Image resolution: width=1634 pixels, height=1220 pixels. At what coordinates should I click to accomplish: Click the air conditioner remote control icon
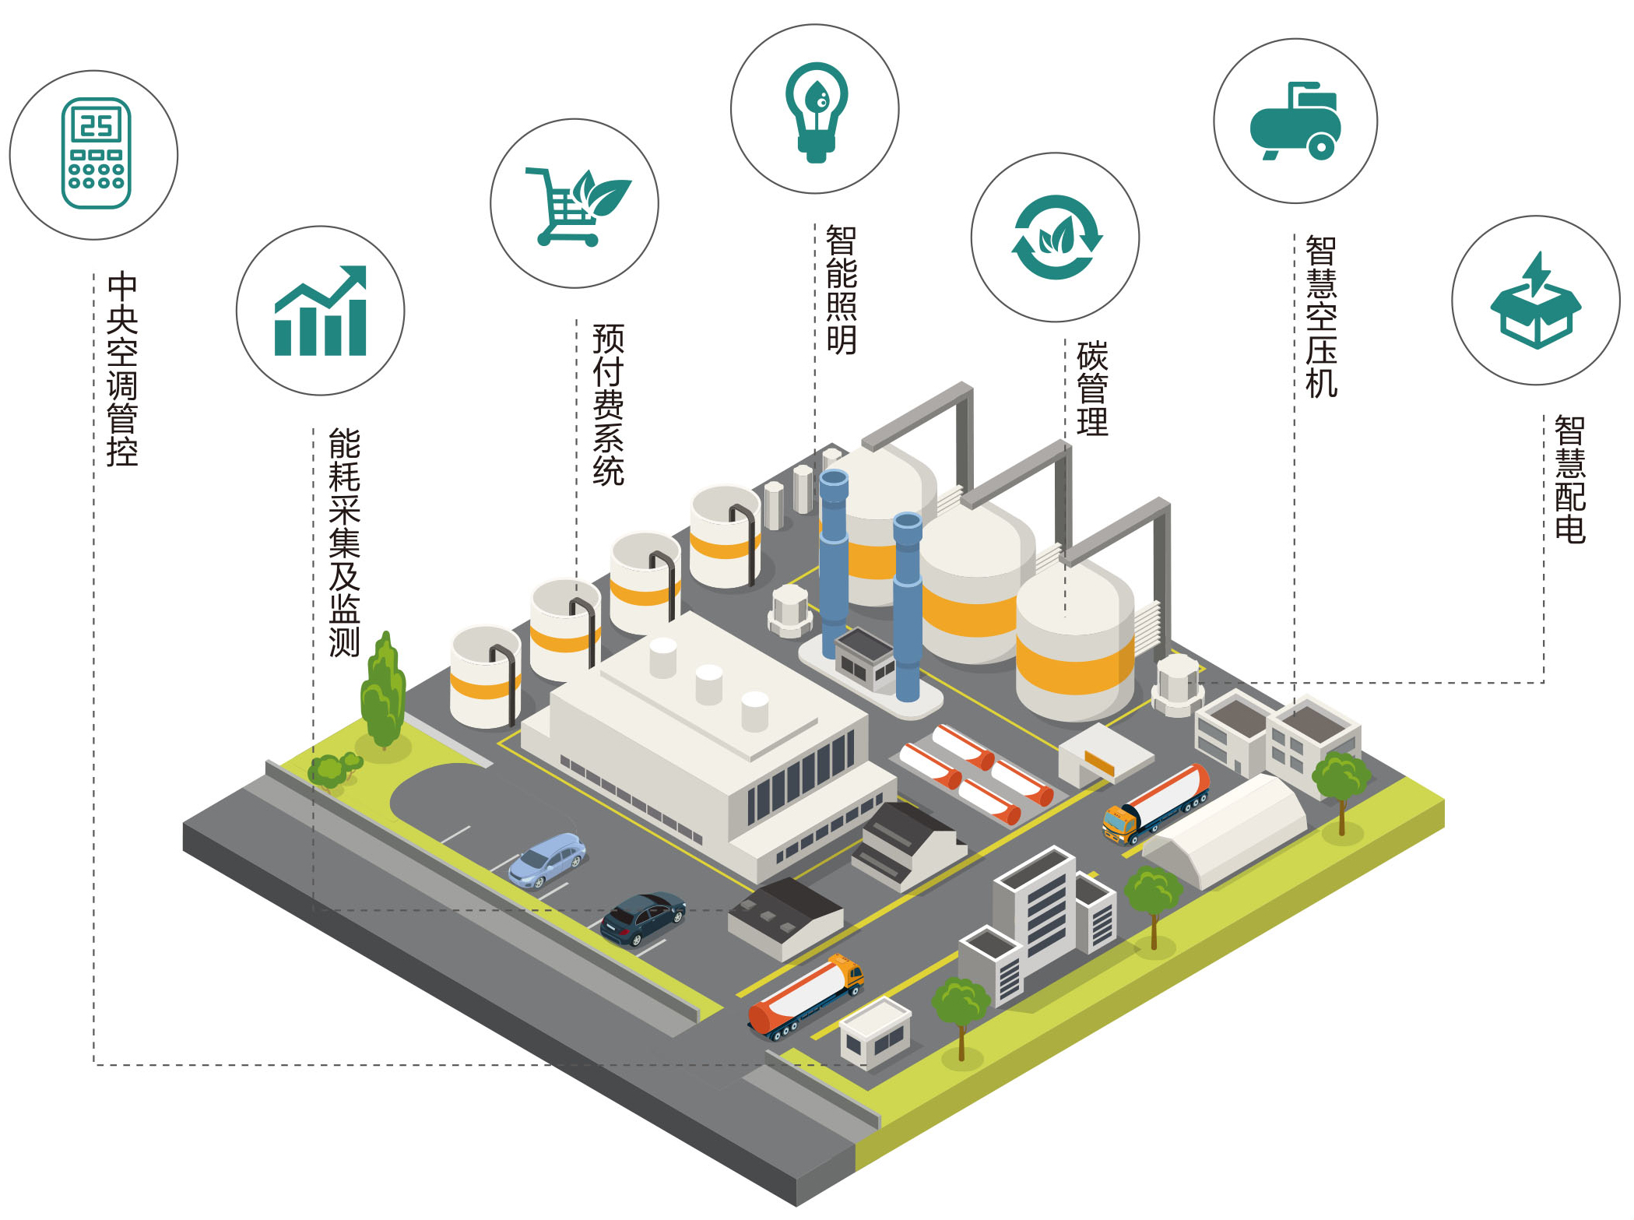click(x=96, y=153)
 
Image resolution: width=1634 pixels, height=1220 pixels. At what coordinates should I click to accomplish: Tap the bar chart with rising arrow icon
click(x=320, y=311)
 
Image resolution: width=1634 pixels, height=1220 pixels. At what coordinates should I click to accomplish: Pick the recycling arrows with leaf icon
click(x=1056, y=237)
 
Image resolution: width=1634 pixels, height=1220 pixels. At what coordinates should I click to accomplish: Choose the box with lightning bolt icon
click(x=1535, y=301)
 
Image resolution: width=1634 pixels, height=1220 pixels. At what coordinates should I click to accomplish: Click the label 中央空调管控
click(x=122, y=369)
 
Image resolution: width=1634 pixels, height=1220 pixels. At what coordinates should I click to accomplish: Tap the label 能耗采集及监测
click(x=344, y=542)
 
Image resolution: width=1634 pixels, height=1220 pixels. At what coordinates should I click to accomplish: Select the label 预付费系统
click(x=608, y=405)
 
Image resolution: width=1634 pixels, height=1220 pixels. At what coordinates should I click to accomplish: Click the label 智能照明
click(x=841, y=290)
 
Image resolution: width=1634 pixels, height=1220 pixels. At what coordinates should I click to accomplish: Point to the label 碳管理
click(x=1092, y=389)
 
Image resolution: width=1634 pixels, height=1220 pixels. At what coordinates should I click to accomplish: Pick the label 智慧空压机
click(x=1321, y=317)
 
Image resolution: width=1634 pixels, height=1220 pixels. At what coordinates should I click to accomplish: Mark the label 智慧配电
click(x=1569, y=480)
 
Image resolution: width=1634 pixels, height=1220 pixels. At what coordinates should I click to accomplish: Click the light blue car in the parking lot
click(x=547, y=860)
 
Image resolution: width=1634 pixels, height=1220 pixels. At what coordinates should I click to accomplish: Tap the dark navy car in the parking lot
click(x=643, y=918)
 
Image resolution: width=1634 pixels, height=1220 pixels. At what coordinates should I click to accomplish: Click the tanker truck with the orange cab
click(x=806, y=996)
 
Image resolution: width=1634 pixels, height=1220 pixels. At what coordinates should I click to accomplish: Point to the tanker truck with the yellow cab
click(x=1156, y=804)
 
